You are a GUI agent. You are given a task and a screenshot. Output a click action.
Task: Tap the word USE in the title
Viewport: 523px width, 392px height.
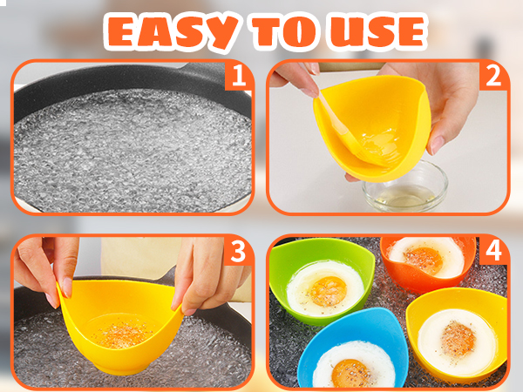pyautogui.click(x=377, y=31)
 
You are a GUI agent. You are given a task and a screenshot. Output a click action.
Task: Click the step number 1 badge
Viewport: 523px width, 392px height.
pyautogui.click(x=236, y=77)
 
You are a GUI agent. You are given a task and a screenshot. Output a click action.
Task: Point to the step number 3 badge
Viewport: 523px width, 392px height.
pyautogui.click(x=236, y=252)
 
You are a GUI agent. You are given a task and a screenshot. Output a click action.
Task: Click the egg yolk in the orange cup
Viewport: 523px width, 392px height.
pyautogui.click(x=425, y=258)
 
